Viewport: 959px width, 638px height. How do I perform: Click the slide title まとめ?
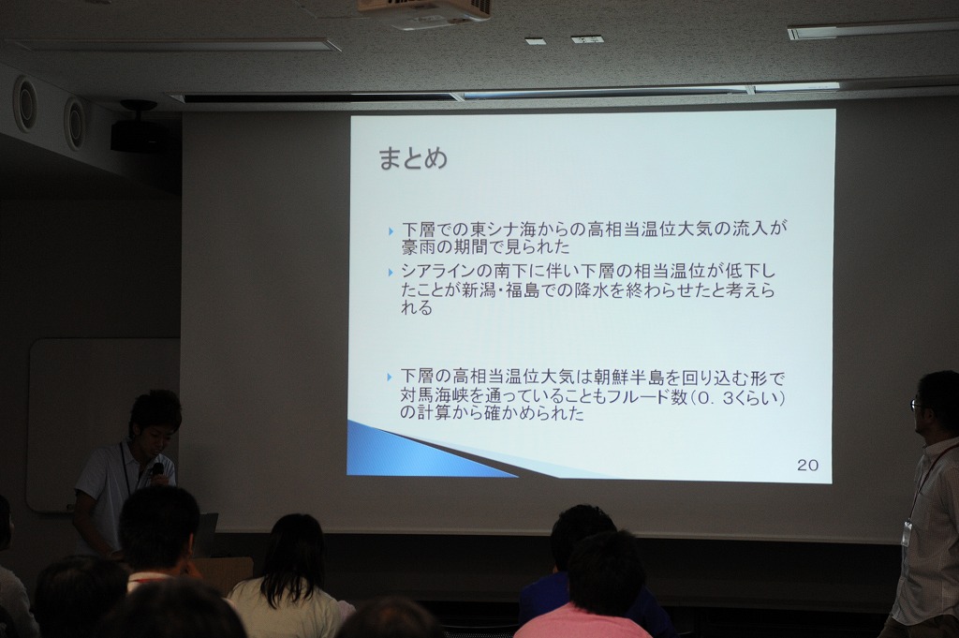tap(413, 158)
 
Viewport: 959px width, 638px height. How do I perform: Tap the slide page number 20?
tap(807, 465)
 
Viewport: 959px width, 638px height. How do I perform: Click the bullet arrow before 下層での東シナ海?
tap(392, 230)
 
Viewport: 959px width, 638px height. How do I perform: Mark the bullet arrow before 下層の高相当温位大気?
tap(392, 377)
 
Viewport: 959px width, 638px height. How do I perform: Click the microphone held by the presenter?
tap(156, 471)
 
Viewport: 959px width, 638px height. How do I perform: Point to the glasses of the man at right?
tap(917, 405)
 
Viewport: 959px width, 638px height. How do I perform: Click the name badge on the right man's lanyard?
tap(907, 533)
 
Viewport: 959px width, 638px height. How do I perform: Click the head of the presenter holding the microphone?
tap(155, 419)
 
